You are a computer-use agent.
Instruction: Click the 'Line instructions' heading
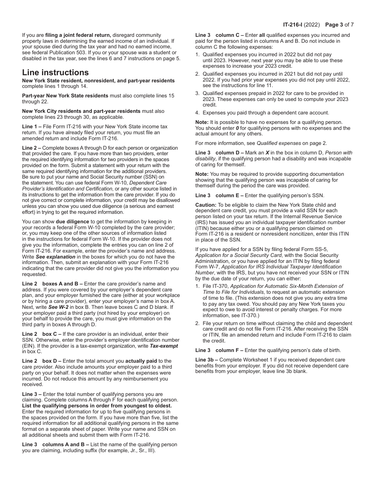pos(55,72)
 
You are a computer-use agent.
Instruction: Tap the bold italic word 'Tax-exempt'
pos(163,346)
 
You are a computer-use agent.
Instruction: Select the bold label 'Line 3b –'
pos(207,360)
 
